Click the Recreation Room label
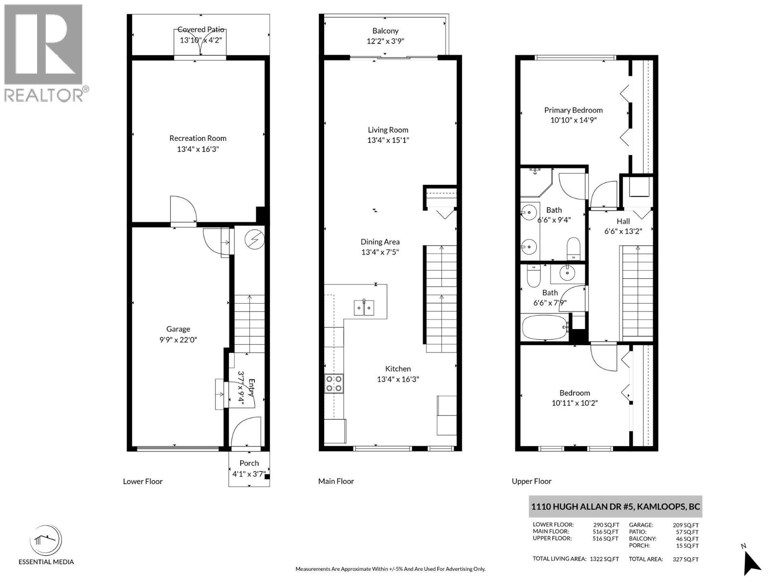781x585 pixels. tap(198, 138)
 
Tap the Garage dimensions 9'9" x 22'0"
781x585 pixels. tap(178, 340)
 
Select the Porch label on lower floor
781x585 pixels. tap(249, 463)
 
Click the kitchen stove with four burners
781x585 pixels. tap(334, 384)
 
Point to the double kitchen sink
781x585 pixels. tap(364, 308)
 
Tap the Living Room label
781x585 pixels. tap(388, 130)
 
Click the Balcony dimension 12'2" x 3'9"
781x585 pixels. tap(385, 41)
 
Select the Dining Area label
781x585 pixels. tap(380, 242)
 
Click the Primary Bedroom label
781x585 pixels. tap(573, 110)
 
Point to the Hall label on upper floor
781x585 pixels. tap(623, 221)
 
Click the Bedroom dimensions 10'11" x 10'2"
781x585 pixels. tap(575, 403)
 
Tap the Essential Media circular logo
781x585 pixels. tap(46, 540)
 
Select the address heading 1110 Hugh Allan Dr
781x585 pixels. tap(616, 507)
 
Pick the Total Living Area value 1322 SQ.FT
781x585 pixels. tap(604, 559)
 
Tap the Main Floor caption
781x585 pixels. tap(336, 481)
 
